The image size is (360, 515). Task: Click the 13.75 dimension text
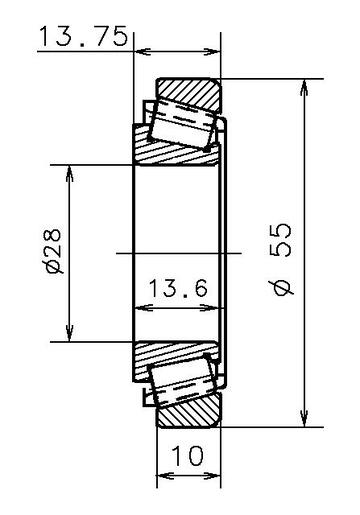(x=83, y=36)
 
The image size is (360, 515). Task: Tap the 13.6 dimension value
(x=178, y=289)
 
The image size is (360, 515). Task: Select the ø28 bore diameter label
(x=54, y=251)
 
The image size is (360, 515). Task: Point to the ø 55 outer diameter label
(x=283, y=259)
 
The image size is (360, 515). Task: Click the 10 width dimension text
(x=187, y=456)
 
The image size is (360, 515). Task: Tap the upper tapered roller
(x=181, y=123)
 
